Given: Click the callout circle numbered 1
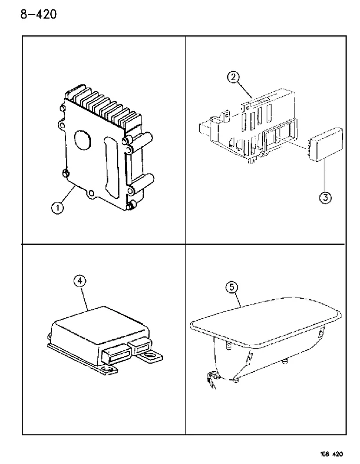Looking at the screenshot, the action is pyautogui.click(x=57, y=208).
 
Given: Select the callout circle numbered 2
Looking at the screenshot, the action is pyautogui.click(x=233, y=77).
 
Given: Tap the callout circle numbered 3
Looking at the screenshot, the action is pyautogui.click(x=325, y=197).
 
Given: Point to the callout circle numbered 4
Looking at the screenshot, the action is pyautogui.click(x=80, y=281).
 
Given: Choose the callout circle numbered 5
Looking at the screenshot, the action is pyautogui.click(x=232, y=287).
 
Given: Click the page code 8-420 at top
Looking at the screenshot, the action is pyautogui.click(x=38, y=14).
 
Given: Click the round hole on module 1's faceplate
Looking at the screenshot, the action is pyautogui.click(x=84, y=140).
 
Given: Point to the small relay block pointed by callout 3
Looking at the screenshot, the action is pyautogui.click(x=326, y=144).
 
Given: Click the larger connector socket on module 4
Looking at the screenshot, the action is pyautogui.click(x=117, y=354).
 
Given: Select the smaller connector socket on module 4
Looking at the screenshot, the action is pyautogui.click(x=140, y=346).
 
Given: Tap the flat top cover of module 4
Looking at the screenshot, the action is pyautogui.click(x=100, y=325).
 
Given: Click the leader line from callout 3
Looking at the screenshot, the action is pyautogui.click(x=325, y=175).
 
